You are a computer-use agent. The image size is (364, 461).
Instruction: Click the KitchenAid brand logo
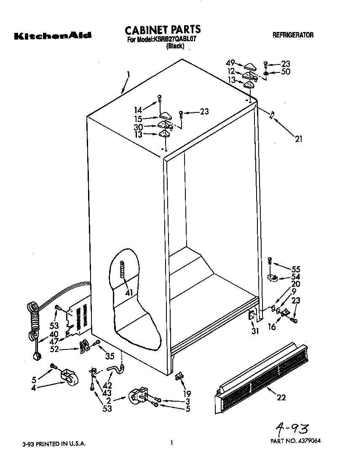tap(53, 36)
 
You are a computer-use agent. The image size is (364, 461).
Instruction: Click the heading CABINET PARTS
tap(163, 29)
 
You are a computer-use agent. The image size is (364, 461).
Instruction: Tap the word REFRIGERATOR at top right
tap(293, 35)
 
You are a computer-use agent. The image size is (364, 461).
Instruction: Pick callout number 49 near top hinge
tap(230, 64)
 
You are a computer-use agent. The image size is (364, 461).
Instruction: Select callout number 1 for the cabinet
tap(128, 76)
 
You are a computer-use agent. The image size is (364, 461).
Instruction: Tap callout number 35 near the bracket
tap(109, 356)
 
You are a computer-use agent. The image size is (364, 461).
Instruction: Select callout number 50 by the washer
tap(285, 72)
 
